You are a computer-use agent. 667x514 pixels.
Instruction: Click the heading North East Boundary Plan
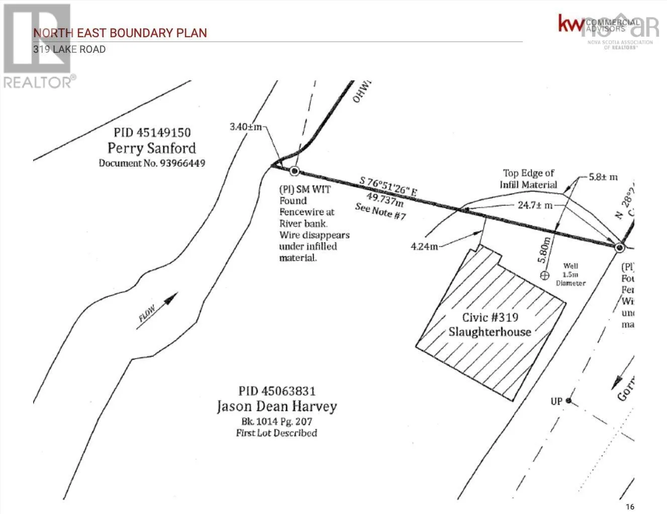[x=120, y=33]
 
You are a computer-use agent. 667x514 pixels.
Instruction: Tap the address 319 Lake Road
[x=69, y=49]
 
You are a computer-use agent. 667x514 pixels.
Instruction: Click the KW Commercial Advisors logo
[x=598, y=24]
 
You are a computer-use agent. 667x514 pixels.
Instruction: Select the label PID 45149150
[x=152, y=133]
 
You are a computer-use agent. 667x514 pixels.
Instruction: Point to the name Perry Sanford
[x=151, y=148]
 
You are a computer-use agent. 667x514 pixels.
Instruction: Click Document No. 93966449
[x=152, y=163]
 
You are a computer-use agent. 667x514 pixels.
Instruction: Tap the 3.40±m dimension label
[x=246, y=127]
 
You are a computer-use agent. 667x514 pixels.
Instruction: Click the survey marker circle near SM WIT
[x=295, y=171]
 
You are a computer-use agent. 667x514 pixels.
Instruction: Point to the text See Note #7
[x=380, y=211]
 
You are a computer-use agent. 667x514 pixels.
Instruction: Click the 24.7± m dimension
[x=535, y=205]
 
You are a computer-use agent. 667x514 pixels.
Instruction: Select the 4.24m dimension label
[x=424, y=246]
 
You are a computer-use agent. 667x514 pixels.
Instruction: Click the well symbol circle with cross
[x=544, y=275]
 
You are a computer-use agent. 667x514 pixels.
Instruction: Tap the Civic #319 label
[x=490, y=317]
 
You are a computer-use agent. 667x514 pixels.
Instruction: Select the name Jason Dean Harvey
[x=276, y=406]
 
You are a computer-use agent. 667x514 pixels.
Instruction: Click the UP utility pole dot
[x=568, y=401]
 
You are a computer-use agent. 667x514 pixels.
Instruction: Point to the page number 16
[x=630, y=506]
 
